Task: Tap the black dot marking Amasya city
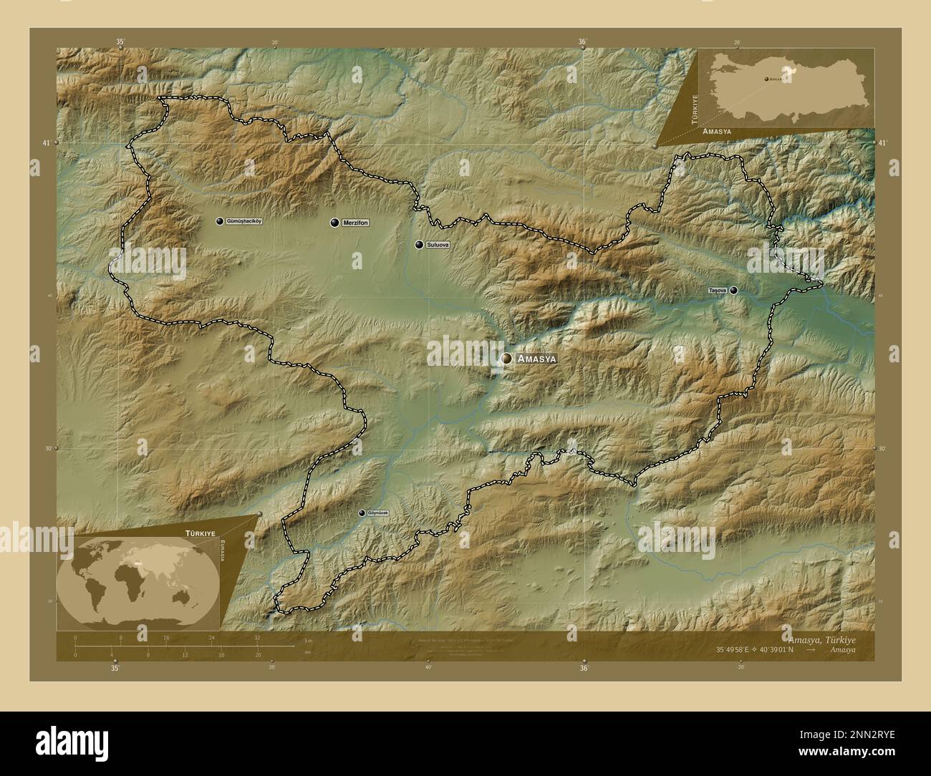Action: tap(507, 358)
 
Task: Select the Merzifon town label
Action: tap(355, 223)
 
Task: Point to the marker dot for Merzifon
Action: tap(334, 223)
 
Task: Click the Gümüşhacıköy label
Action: tap(243, 221)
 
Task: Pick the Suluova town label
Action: tap(437, 245)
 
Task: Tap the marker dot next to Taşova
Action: tap(733, 291)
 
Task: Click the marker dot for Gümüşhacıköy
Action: tap(220, 221)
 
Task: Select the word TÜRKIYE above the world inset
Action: tap(201, 534)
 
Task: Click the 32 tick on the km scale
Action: tap(257, 637)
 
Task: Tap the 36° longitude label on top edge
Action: tap(583, 42)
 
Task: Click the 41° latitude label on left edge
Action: tap(46, 143)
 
